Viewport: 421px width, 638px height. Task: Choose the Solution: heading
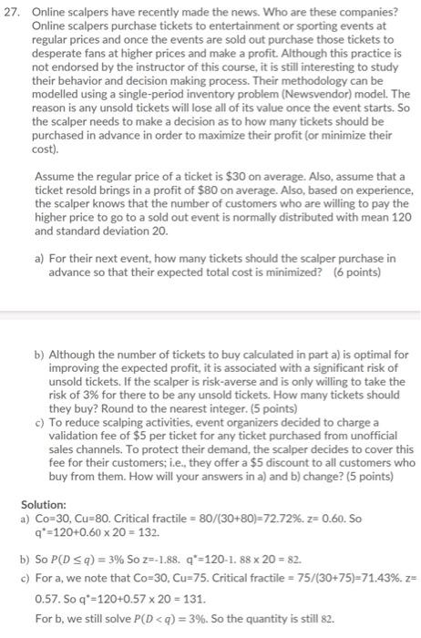click(x=44, y=503)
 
